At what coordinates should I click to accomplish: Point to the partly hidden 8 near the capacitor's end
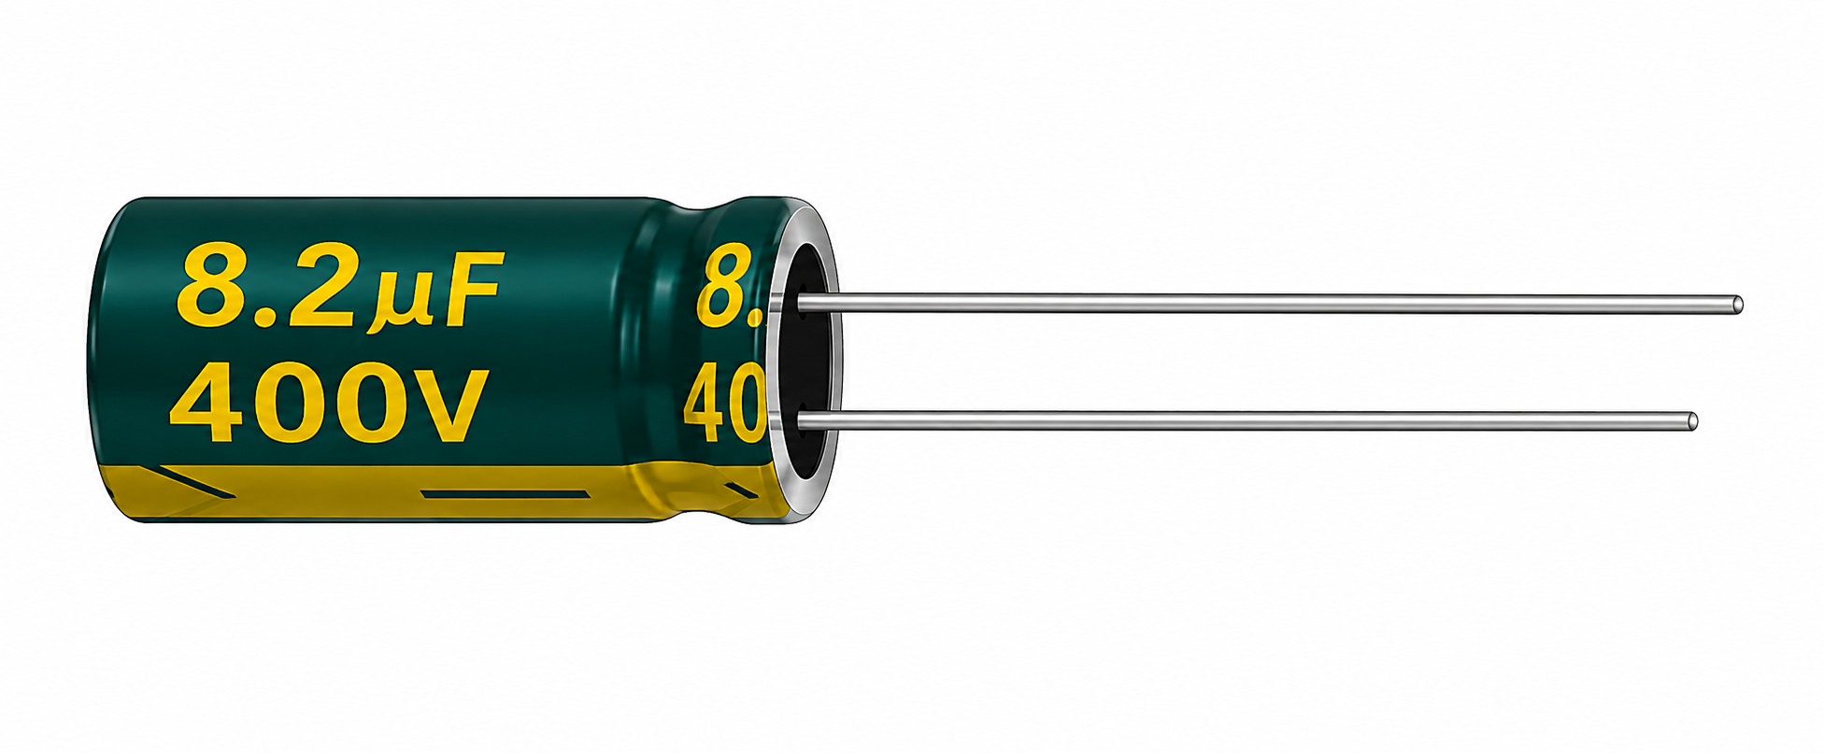[733, 286]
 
